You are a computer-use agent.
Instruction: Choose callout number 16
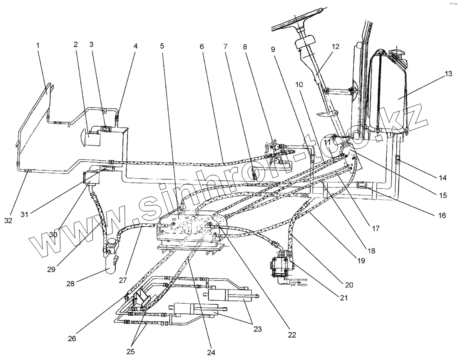click(442, 216)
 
